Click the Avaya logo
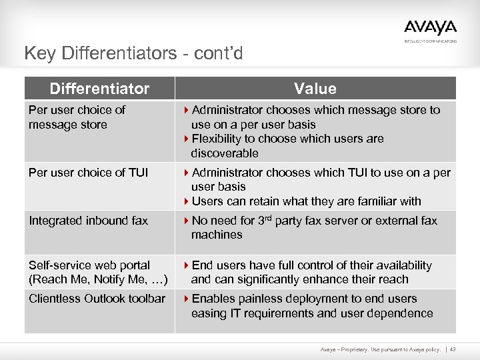[x=430, y=28]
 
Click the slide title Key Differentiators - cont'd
[x=133, y=53]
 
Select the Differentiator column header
[x=99, y=89]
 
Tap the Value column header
[x=315, y=89]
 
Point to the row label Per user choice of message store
[x=77, y=117]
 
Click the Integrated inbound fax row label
[x=88, y=221]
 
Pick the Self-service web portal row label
[x=98, y=272]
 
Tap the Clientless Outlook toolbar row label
[x=97, y=299]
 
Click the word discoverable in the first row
[x=225, y=153]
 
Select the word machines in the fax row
[x=217, y=235]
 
